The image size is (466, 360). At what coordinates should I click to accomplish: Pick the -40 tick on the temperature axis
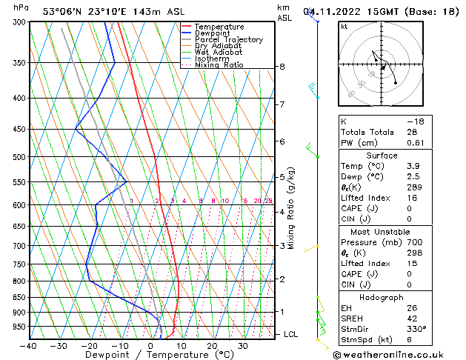(29, 346)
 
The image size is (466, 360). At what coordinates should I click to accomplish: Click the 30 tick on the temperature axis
(243, 346)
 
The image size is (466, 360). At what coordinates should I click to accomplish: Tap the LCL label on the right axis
(292, 335)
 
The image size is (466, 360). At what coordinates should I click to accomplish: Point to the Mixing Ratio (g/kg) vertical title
(291, 208)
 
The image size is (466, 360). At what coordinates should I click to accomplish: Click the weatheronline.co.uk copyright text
(396, 354)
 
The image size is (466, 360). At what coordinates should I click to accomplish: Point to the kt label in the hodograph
(344, 26)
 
